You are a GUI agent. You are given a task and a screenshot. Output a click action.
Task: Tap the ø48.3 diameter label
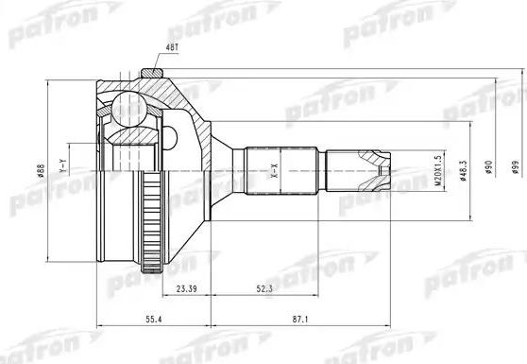pyautogui.click(x=460, y=171)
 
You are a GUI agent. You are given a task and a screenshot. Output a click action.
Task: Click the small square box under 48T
pyautogui.click(x=148, y=71)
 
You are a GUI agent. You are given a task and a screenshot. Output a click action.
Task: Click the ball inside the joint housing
pyautogui.click(x=127, y=110)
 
